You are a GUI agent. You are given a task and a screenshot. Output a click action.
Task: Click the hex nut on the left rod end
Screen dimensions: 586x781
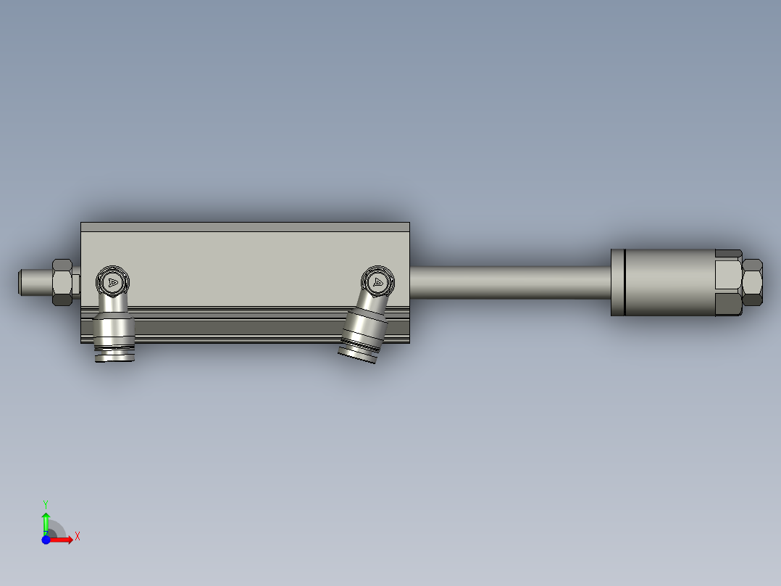pos(62,281)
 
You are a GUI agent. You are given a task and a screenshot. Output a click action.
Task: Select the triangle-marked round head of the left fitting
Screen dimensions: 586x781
pos(112,281)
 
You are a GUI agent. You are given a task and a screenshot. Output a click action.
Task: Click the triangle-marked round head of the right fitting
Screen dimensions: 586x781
pos(378,281)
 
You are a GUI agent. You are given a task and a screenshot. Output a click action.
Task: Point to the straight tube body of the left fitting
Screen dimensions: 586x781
pos(114,329)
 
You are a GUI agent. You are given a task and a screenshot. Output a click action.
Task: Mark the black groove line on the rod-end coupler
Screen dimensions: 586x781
pos(623,282)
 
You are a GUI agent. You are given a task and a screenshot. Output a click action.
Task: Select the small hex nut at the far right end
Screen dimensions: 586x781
pos(753,282)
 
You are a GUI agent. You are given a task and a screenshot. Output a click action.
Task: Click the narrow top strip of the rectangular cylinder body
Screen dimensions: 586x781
pos(245,227)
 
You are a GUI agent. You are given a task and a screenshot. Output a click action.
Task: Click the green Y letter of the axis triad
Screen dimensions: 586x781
pos(46,503)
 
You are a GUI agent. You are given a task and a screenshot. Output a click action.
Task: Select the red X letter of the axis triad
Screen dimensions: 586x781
pos(77,537)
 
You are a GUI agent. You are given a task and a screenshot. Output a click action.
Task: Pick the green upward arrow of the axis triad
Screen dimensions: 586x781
pos(46,521)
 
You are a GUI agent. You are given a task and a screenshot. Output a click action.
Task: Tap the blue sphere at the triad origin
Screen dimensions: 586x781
pos(46,540)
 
